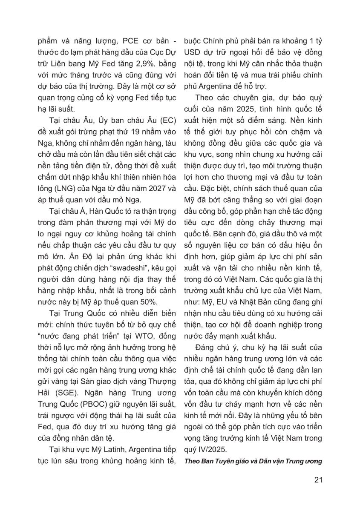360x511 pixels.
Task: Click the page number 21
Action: pyautogui.click(x=317, y=480)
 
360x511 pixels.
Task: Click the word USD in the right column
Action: pyautogui.click(x=192, y=53)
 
